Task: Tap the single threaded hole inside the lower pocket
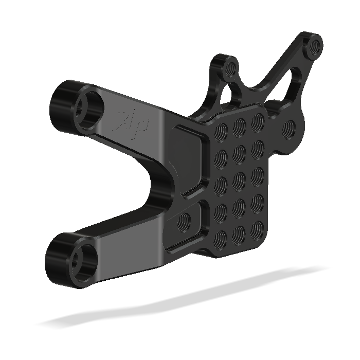pyautogui.click(x=183, y=222)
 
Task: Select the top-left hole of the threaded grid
pyautogui.click(x=222, y=129)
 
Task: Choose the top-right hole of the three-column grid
pyautogui.click(x=257, y=120)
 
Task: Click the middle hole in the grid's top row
pyautogui.click(x=239, y=124)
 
